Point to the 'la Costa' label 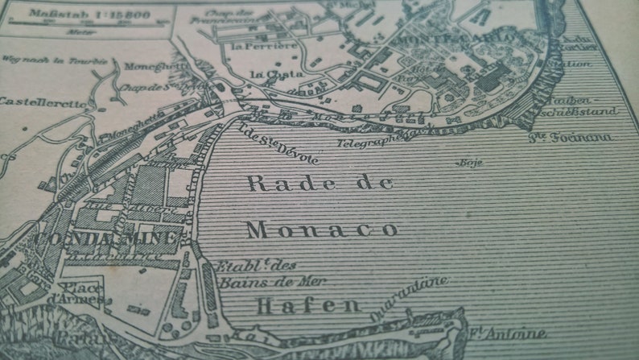click(x=268, y=75)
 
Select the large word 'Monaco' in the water click(x=322, y=230)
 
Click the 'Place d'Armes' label click(x=83, y=295)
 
